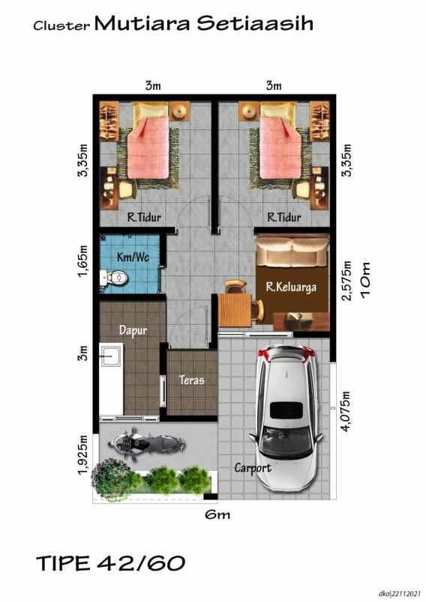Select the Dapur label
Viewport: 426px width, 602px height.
point(132,329)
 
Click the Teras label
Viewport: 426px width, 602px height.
point(192,380)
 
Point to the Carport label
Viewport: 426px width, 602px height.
point(251,468)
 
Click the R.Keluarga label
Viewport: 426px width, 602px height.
point(291,285)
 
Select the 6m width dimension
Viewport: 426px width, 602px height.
point(217,515)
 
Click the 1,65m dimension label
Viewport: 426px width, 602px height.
point(84,261)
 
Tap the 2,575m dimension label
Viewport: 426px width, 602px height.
point(346,280)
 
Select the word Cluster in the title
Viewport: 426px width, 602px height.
point(61,26)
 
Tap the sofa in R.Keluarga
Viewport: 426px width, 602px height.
point(291,255)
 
